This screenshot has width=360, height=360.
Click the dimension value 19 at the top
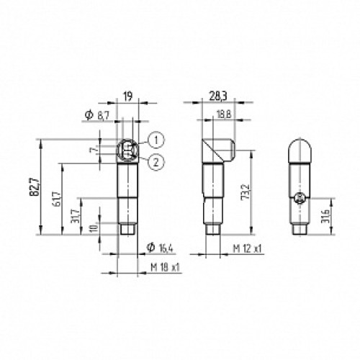coord(126,94)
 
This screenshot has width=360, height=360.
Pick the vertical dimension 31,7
coord(77,215)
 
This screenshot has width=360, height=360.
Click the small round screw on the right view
coord(300,197)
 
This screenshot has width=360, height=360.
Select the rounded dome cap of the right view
coord(300,150)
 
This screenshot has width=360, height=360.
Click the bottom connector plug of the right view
coord(300,229)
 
